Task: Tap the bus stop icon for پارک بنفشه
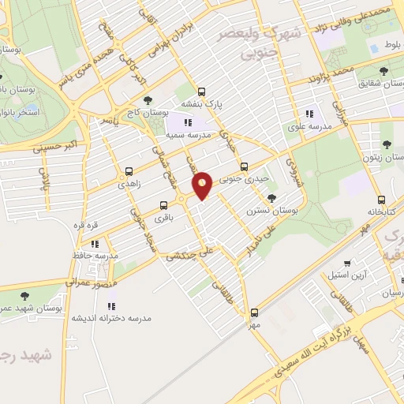(x=201, y=91)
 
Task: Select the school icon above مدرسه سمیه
(x=188, y=123)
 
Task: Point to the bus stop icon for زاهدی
(x=129, y=170)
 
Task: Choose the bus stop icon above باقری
(x=164, y=204)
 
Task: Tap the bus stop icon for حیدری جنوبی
(x=244, y=166)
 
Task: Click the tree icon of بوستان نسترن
(x=271, y=199)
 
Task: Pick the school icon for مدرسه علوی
(x=309, y=112)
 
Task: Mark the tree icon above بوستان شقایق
(x=383, y=71)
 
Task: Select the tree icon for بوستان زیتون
(x=386, y=144)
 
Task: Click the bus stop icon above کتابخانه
(x=382, y=200)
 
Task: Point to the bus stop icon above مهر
(x=254, y=312)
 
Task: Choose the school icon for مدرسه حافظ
(x=95, y=244)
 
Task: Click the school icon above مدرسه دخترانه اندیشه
(x=111, y=305)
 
